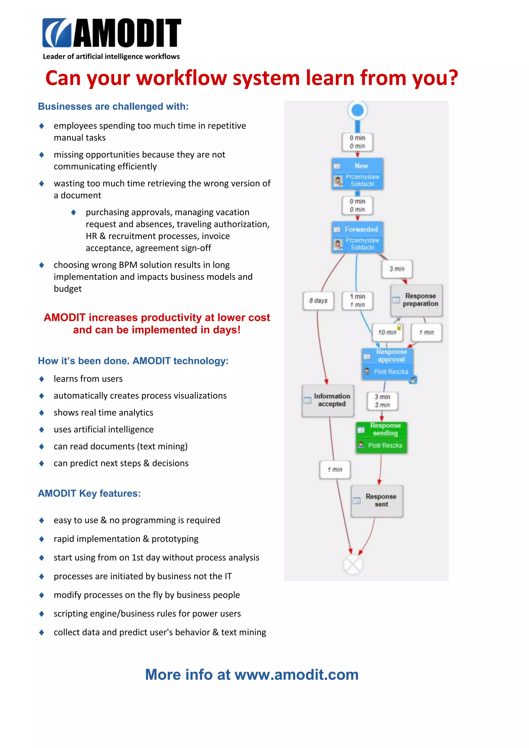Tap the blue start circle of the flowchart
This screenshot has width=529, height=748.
357,111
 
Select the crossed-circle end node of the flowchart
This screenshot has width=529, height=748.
353,565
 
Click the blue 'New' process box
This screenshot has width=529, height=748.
357,174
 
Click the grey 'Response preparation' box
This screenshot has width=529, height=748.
417,300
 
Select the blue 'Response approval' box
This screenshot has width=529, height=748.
388,364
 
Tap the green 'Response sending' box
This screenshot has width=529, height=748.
382,437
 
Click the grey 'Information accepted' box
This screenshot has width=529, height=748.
328,400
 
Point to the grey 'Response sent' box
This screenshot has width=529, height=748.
377,501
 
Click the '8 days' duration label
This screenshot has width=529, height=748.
318,301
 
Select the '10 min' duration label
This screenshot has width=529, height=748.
387,332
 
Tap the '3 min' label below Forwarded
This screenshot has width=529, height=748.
397,269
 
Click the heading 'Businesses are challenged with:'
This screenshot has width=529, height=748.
113,106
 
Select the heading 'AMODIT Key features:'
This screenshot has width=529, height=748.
89,493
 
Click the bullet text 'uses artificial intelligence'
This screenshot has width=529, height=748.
104,429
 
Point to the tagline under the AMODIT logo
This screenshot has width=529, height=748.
111,56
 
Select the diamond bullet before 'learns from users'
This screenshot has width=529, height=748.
41,379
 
